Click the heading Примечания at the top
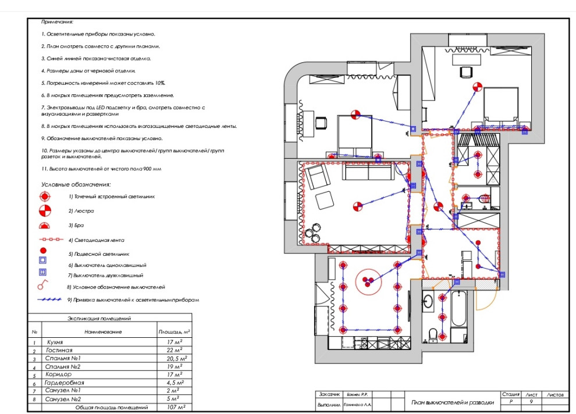click(57, 22)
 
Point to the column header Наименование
click(103, 331)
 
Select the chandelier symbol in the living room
click(358, 205)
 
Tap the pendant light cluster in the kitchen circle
click(368, 282)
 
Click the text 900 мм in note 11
click(150, 168)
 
